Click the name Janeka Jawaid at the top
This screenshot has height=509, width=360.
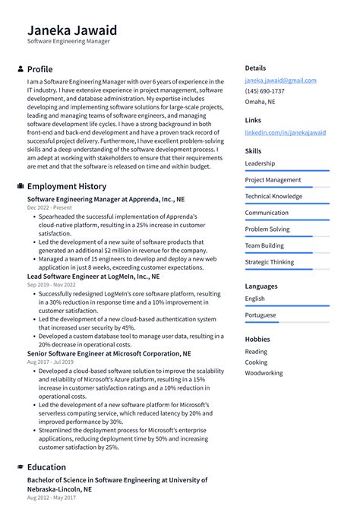tap(72, 30)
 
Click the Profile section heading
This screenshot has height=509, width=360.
tap(39, 69)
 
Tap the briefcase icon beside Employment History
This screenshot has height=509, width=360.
tap(20, 186)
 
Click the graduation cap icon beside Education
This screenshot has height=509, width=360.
tap(20, 467)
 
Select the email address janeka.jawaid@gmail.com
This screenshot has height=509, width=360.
tap(280, 81)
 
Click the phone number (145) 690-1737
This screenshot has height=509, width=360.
tap(264, 91)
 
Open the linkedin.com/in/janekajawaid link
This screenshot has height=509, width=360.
tap(285, 132)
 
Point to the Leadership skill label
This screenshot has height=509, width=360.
tap(260, 163)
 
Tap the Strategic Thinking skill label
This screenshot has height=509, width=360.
tap(269, 262)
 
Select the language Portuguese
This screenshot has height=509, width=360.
tap(261, 315)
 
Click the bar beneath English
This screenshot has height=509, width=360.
tap(286, 306)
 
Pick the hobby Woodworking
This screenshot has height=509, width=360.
tap(264, 373)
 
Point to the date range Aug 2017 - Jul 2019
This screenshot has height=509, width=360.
tap(52, 363)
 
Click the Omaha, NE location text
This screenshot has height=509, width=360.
tap(260, 102)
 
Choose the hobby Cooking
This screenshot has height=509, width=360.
tap(256, 362)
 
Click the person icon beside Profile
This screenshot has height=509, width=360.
tap(20, 69)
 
